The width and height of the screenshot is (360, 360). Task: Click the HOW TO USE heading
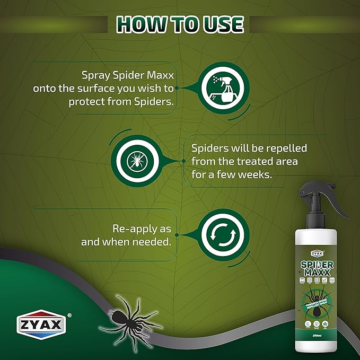click(180, 24)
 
